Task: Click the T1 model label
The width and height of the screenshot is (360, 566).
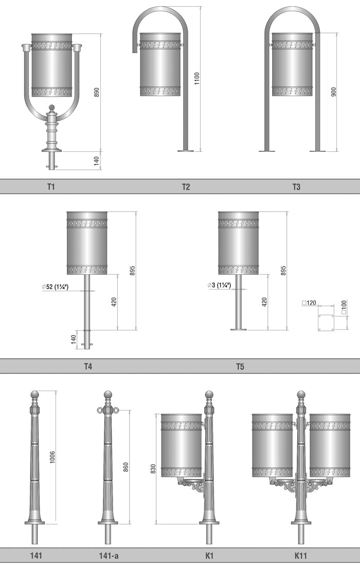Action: tap(50, 187)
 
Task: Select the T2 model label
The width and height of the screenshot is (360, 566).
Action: tap(186, 187)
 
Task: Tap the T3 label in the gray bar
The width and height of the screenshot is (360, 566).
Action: tap(296, 187)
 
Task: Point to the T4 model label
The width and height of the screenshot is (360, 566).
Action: tap(88, 366)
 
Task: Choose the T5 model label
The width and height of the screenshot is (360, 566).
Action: tap(240, 366)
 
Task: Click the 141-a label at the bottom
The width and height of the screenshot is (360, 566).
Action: tap(109, 556)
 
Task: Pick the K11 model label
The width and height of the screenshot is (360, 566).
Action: tap(301, 556)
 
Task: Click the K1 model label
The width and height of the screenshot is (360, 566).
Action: tap(210, 556)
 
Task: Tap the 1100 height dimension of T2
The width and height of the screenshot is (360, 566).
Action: tap(196, 78)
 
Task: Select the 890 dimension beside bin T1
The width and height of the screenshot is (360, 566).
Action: tap(97, 93)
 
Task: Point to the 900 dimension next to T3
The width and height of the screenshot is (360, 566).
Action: tap(333, 92)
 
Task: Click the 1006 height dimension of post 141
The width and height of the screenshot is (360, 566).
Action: tap(52, 457)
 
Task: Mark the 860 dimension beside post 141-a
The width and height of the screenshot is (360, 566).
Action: tap(126, 467)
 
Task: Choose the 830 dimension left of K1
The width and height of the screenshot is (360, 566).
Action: tap(153, 469)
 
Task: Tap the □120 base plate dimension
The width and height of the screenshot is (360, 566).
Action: tap(309, 303)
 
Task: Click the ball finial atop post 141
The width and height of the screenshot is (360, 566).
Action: tap(35, 394)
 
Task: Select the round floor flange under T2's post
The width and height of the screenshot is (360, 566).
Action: tap(186, 151)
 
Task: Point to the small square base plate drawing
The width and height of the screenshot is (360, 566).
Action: tap(326, 323)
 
